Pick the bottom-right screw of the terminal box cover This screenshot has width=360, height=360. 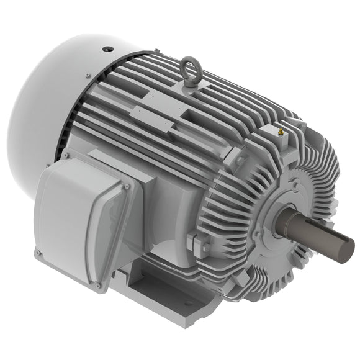(x=97, y=286)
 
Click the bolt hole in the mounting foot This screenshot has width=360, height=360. (x=187, y=304)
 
